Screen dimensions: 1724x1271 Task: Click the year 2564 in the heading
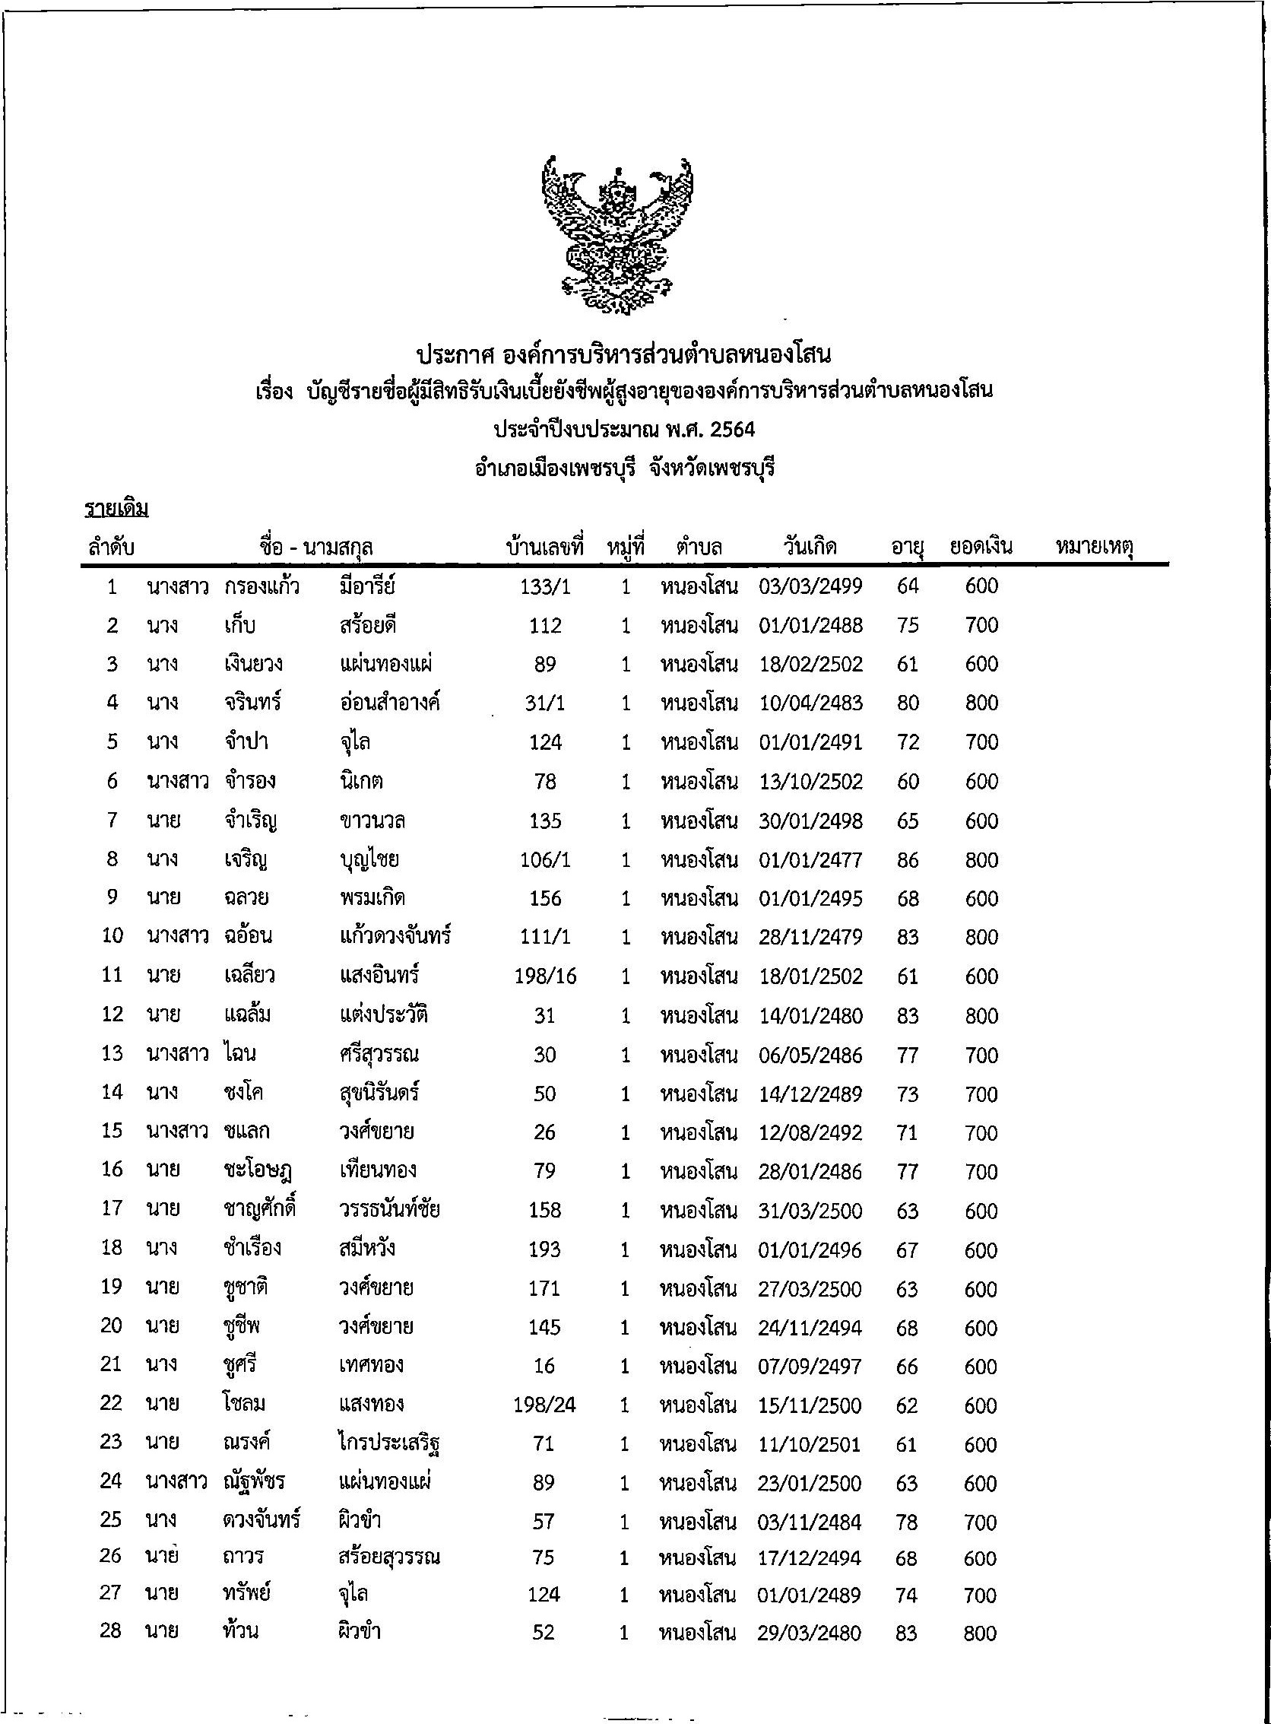pos(733,430)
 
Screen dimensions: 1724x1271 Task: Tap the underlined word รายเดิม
pos(116,509)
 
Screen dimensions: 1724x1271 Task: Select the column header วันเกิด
pos(810,548)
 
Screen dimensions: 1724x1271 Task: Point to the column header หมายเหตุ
pos(1095,548)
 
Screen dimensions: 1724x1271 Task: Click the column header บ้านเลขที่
pos(545,548)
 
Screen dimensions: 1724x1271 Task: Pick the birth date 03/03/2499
pos(810,586)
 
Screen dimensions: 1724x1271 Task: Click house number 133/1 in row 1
pos(545,586)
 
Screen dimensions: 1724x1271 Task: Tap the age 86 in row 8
pos(908,859)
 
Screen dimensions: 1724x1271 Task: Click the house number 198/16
pos(545,976)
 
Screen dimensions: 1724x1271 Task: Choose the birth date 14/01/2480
pos(810,1015)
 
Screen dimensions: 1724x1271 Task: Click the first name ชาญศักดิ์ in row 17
pos(259,1210)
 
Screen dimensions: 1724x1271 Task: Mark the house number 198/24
pos(544,1405)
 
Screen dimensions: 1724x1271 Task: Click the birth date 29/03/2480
pos(809,1632)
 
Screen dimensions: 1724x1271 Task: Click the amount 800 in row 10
pos(981,937)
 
